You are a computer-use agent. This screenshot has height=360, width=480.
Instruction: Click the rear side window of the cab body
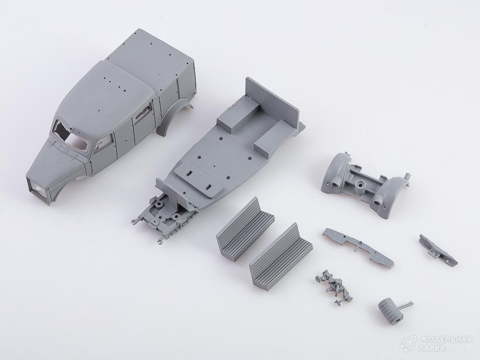pyautogui.click(x=143, y=111)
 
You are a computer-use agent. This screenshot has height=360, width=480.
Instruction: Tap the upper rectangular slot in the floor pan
pyautogui.click(x=190, y=173)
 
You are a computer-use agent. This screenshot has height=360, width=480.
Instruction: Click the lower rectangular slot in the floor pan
pyautogui.click(x=209, y=186)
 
